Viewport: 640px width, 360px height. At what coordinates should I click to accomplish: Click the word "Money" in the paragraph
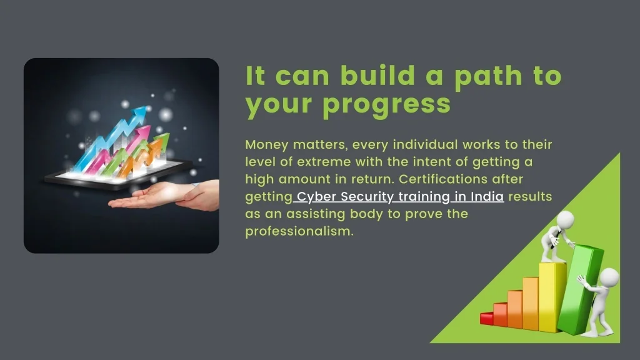point(267,144)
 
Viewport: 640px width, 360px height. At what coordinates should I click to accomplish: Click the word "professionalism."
point(299,231)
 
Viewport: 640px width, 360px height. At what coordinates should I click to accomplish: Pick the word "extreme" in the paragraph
point(324,162)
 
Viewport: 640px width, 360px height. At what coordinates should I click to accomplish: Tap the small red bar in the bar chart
point(486,318)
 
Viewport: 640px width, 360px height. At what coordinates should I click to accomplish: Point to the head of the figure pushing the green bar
point(609,277)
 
